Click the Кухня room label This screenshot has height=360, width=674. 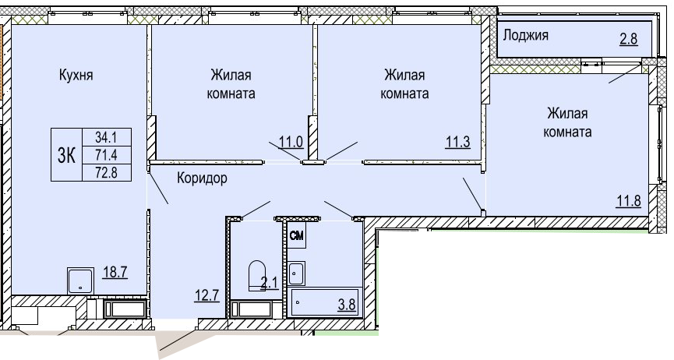(76, 76)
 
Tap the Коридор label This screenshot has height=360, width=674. (202, 178)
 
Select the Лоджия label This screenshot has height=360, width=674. (526, 35)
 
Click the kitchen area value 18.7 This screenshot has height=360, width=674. (115, 272)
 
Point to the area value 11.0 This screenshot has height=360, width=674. (291, 142)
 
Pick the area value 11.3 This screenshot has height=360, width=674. (457, 142)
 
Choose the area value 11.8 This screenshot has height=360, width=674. (629, 200)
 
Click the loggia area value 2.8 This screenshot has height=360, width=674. (629, 39)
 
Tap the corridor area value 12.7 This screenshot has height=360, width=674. (206, 296)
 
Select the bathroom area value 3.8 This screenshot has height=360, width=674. (347, 305)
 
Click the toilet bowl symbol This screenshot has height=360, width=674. (257, 275)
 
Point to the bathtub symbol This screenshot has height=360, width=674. (325, 303)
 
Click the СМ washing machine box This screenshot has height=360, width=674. (297, 235)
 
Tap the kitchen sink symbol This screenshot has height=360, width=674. (80, 281)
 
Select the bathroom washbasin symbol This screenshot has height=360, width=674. (296, 274)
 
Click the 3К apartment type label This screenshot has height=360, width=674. (67, 155)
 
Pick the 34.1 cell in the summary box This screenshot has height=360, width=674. (106, 138)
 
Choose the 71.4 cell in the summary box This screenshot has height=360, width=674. (106, 155)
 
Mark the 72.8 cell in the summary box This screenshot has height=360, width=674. (106, 172)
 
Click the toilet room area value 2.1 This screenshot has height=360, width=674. (270, 283)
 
